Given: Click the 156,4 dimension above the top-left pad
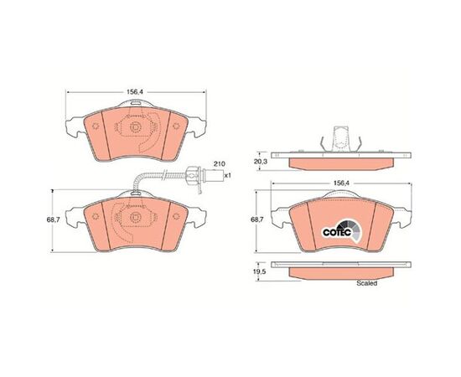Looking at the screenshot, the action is [x=135, y=92].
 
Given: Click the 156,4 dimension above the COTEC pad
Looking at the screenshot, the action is [x=341, y=183].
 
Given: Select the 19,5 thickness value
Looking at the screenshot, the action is [x=260, y=271].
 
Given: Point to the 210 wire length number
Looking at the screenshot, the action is [x=219, y=163].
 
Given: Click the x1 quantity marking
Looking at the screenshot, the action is [x=228, y=175].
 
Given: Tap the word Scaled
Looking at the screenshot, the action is [x=366, y=283].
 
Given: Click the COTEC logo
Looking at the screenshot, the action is [x=342, y=232].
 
